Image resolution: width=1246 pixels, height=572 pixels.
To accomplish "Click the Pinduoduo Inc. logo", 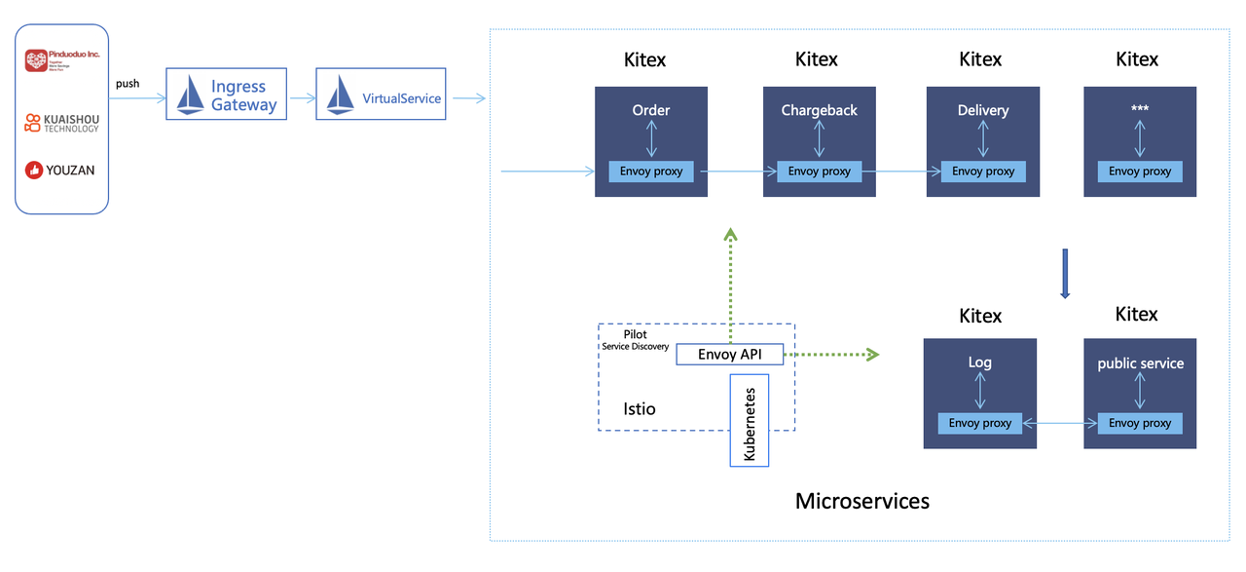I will (x=62, y=61).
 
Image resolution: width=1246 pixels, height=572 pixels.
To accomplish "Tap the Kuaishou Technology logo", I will (x=62, y=123).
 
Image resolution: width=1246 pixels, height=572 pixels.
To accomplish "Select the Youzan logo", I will (x=60, y=171).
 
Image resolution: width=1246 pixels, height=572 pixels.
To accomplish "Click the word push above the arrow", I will (x=128, y=84).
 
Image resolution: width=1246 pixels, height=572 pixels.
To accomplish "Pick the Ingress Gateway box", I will (x=227, y=95).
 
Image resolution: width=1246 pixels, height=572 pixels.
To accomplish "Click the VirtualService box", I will (x=381, y=95).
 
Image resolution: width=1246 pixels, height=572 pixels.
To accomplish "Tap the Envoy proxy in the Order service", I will (x=651, y=172).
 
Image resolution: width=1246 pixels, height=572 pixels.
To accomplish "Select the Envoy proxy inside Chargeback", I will (x=819, y=172).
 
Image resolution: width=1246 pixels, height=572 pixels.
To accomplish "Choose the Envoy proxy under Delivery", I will (x=983, y=172).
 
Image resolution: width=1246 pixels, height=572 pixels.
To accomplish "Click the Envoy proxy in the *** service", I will (x=1140, y=172).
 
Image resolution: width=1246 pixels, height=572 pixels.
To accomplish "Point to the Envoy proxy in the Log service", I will (x=979, y=423).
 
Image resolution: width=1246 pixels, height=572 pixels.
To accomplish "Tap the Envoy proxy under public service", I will (x=1140, y=423).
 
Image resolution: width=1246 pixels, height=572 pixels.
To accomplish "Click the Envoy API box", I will (x=730, y=355).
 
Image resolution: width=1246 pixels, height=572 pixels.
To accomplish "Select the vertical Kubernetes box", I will (x=750, y=420).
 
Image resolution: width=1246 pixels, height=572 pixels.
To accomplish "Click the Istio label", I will (x=640, y=409).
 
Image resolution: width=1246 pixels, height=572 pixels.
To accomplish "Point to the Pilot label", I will (x=635, y=334).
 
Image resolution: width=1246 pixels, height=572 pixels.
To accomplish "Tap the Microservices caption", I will (x=862, y=501).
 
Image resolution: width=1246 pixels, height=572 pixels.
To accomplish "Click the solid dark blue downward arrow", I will (x=1065, y=274).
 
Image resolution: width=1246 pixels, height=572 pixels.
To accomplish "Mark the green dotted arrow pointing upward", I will (x=730, y=273).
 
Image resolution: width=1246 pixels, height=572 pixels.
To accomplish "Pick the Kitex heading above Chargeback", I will (x=816, y=59).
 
